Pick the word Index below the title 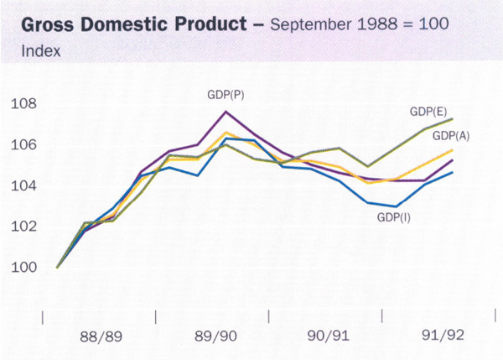33,52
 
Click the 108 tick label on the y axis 24,105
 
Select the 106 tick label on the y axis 24,145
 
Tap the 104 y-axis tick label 24,186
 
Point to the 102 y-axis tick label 24,227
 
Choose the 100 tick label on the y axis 24,268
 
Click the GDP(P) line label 226,96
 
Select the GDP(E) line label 428,111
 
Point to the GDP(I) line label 392,217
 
